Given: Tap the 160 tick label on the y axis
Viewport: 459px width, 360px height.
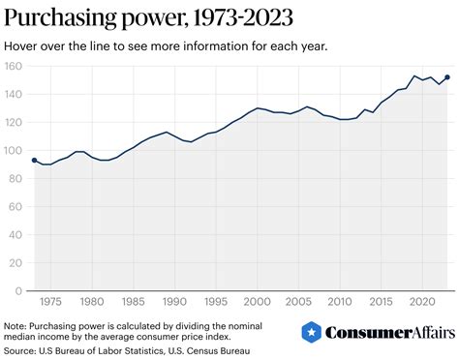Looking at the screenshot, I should pyautogui.click(x=13, y=67).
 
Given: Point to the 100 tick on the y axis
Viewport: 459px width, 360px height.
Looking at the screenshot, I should pyautogui.click(x=13, y=151).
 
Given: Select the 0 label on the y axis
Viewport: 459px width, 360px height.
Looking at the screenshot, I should pyautogui.click(x=17, y=290).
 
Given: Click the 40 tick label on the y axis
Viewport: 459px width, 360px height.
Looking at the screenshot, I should pyautogui.click(x=15, y=234).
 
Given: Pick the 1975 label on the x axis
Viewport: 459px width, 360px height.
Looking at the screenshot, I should pyautogui.click(x=51, y=302).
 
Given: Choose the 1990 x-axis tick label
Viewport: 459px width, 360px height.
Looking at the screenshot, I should pyautogui.click(x=175, y=302).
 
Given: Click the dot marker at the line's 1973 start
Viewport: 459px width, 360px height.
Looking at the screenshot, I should pyautogui.click(x=35, y=161).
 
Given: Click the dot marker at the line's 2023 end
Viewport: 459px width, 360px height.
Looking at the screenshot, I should pyautogui.click(x=447, y=77).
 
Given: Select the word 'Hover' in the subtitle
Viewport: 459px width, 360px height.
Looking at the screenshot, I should pyautogui.click(x=20, y=45).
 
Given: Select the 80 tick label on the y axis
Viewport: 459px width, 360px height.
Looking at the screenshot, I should pyautogui.click(x=15, y=179).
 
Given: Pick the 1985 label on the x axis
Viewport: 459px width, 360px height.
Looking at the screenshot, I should pyautogui.click(x=135, y=302).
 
